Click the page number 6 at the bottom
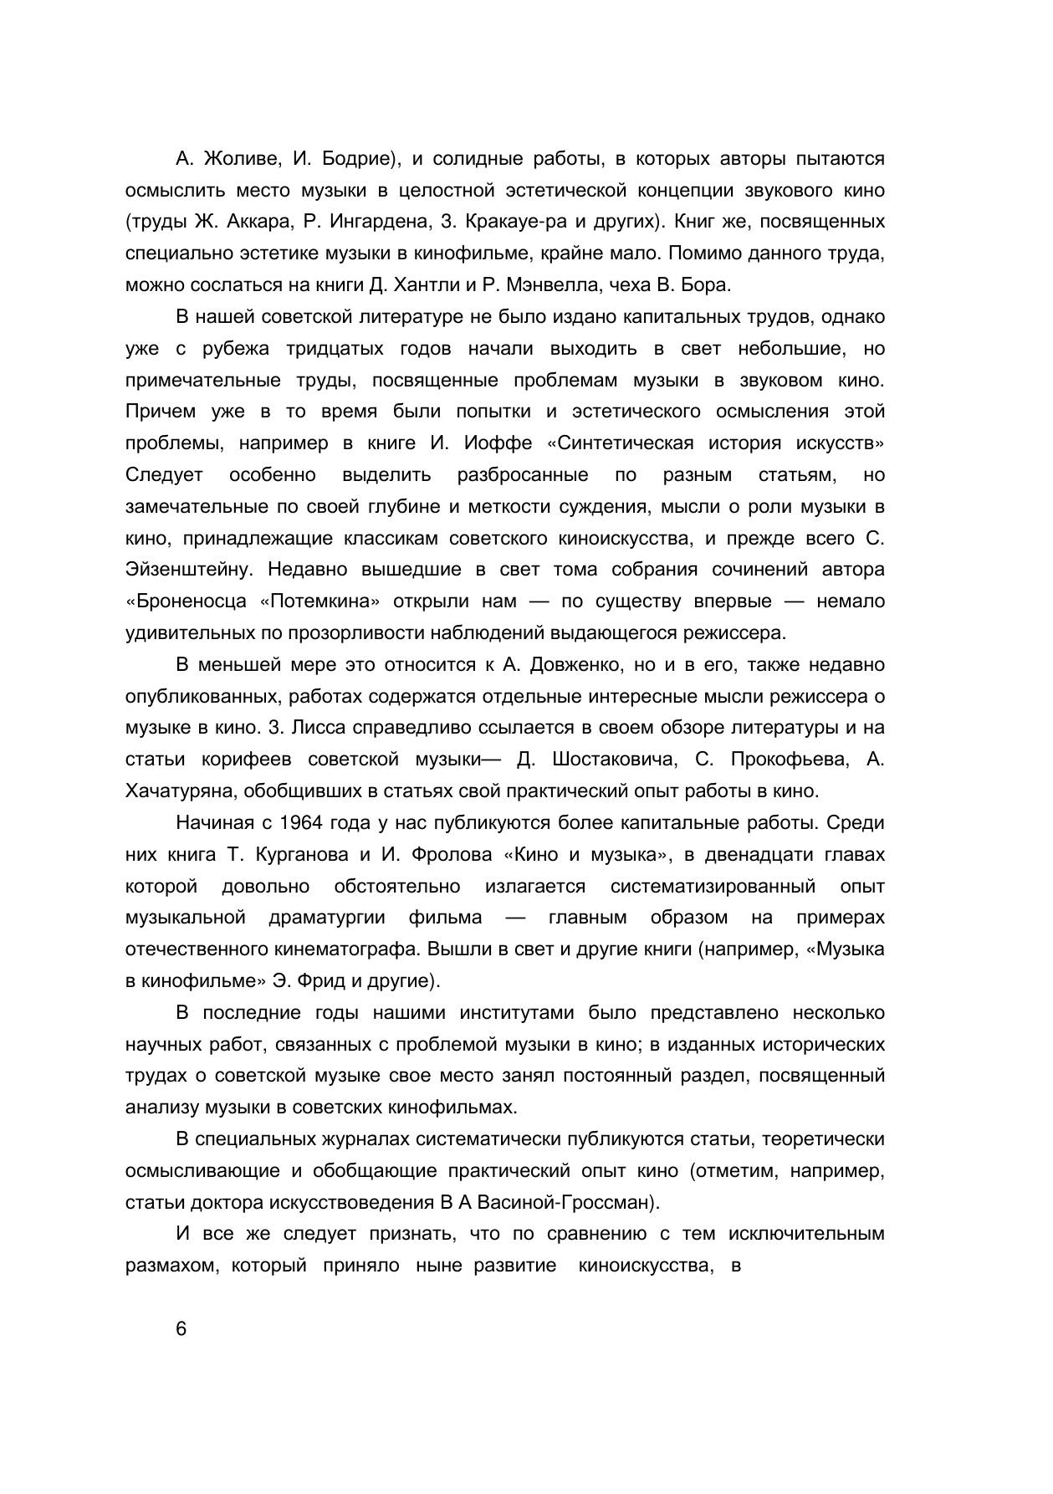click(181, 1330)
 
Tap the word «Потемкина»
click(321, 601)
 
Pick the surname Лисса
click(320, 728)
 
